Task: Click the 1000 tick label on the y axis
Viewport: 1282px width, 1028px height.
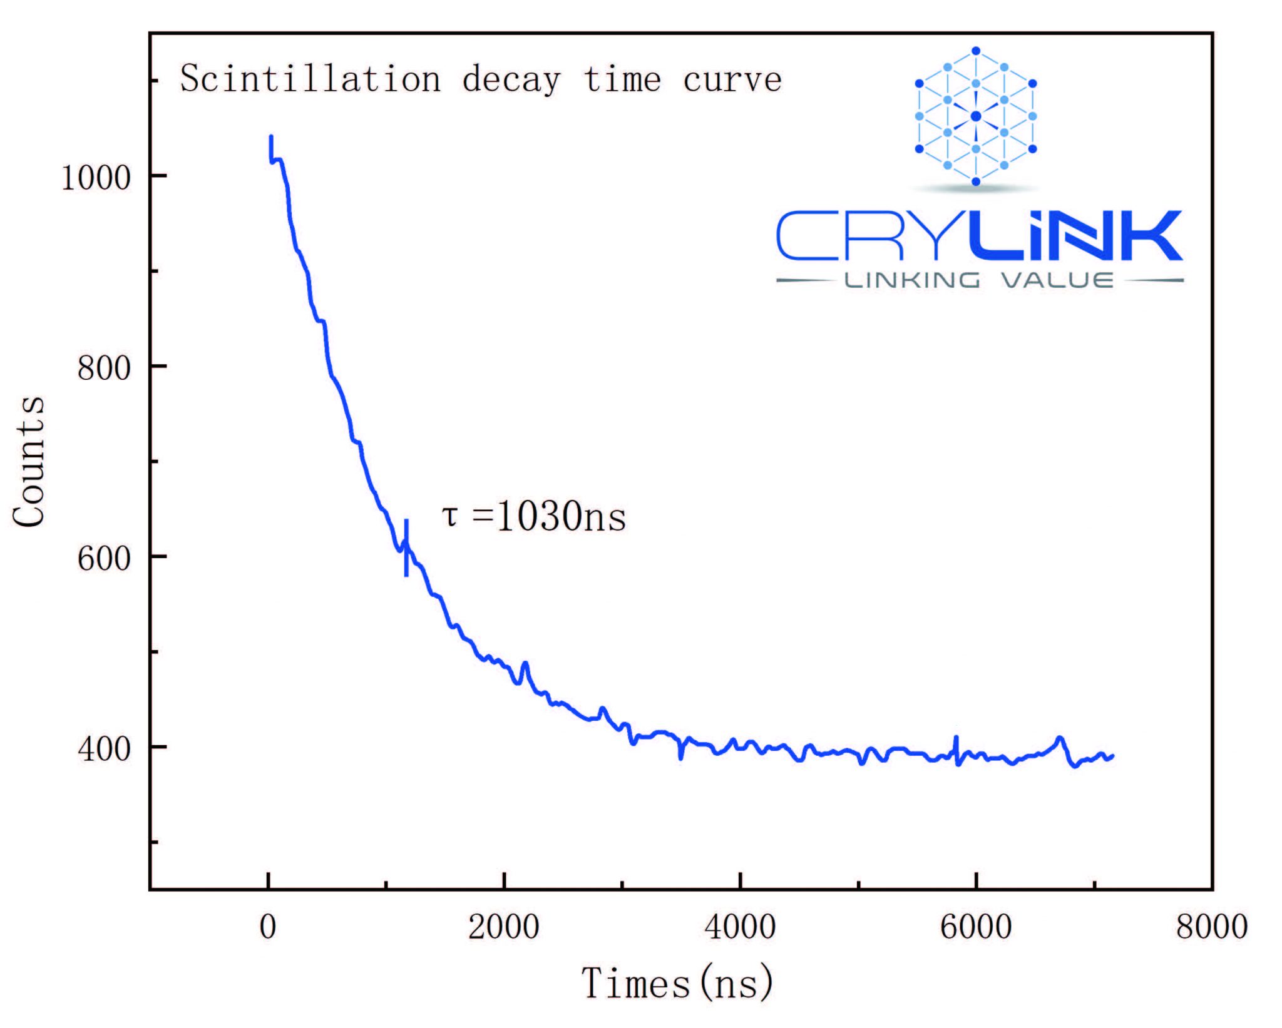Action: [95, 178]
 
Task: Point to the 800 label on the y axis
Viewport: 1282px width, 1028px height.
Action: [103, 368]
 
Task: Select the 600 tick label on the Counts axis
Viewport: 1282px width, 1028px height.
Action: [103, 558]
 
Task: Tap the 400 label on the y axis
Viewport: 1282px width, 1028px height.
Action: [103, 748]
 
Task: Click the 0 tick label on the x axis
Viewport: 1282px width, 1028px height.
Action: [268, 927]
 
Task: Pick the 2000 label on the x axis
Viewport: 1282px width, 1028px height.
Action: [504, 927]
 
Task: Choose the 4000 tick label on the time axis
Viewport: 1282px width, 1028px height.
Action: [740, 927]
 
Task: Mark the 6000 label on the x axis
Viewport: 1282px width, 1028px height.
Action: [976, 927]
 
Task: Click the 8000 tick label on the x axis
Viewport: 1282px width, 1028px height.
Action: [1212, 927]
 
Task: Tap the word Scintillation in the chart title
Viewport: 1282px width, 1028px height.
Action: [310, 79]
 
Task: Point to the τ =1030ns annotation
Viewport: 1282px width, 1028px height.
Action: [533, 517]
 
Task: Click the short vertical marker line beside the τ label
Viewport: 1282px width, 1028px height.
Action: [406, 548]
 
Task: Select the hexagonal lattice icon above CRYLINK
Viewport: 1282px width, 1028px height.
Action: [975, 116]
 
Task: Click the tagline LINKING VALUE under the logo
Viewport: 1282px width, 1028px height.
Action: [980, 280]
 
